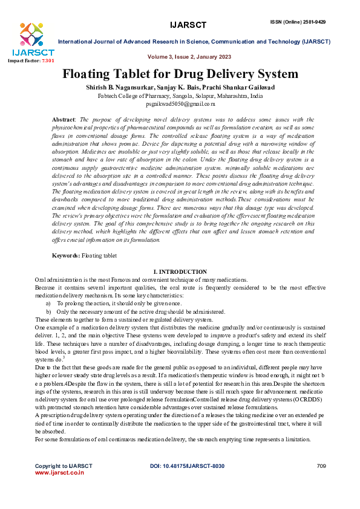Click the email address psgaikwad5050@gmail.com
pyautogui.click(x=180, y=105)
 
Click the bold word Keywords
pyautogui.click(x=65, y=256)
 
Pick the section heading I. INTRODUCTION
pyautogui.click(x=180, y=272)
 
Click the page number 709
pyautogui.click(x=321, y=466)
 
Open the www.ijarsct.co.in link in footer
pyautogui.click(x=59, y=473)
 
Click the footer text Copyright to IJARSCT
pyautogui.click(x=64, y=466)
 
